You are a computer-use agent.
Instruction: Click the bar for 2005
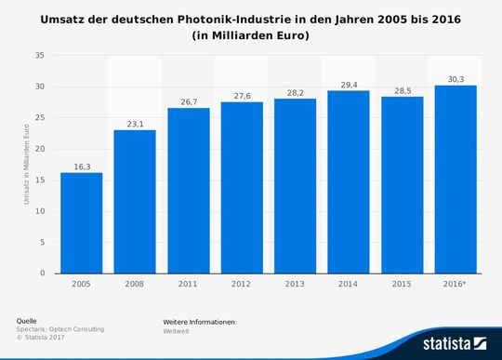point(82,222)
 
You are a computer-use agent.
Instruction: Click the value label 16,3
point(82,166)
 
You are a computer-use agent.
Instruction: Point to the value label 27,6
point(242,95)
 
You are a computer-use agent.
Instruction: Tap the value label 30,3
point(456,78)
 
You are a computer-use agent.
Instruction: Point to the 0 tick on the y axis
point(41,273)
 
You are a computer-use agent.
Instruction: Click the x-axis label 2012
point(242,285)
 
